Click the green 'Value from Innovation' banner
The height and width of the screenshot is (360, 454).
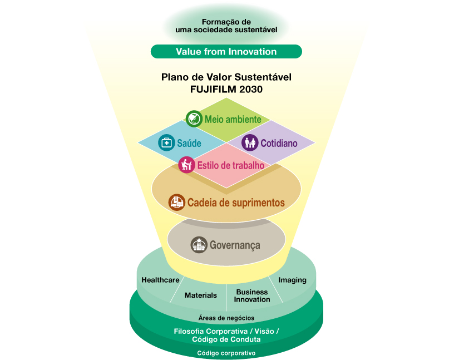coord(226,52)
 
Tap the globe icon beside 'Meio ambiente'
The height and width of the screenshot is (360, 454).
coord(194,119)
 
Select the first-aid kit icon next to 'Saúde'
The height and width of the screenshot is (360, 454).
coord(166,142)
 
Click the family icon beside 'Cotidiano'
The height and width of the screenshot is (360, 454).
coord(250,142)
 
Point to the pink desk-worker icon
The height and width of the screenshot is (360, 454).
coord(186,165)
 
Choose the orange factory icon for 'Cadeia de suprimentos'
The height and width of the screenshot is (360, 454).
coord(176,202)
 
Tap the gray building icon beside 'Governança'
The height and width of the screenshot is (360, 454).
coord(199,245)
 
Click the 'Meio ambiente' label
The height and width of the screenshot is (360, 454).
coord(233,119)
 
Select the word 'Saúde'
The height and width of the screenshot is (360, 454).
coord(189,143)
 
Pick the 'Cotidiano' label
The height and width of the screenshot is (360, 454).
coord(279,143)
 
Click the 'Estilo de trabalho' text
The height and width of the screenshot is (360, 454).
coord(231,165)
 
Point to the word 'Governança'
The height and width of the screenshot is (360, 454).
coord(235,245)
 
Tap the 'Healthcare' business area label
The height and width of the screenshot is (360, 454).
coord(160,280)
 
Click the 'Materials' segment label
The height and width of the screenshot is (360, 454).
coord(201,295)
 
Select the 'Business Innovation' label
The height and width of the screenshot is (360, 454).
coord(252,295)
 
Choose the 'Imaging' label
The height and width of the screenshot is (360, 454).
coord(293,280)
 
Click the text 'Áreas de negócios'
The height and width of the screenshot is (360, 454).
coord(226,318)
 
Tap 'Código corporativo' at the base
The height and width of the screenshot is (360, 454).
coord(226,353)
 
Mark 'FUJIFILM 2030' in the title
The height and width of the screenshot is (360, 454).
coord(226,89)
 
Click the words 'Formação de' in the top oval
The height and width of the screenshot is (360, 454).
coord(226,22)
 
